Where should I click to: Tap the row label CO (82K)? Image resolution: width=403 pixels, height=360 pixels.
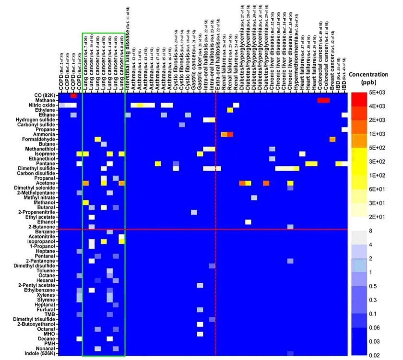tap(44, 95)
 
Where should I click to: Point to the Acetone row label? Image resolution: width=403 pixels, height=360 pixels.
tap(47, 183)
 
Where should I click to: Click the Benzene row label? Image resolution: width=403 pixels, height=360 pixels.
tap(46, 232)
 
